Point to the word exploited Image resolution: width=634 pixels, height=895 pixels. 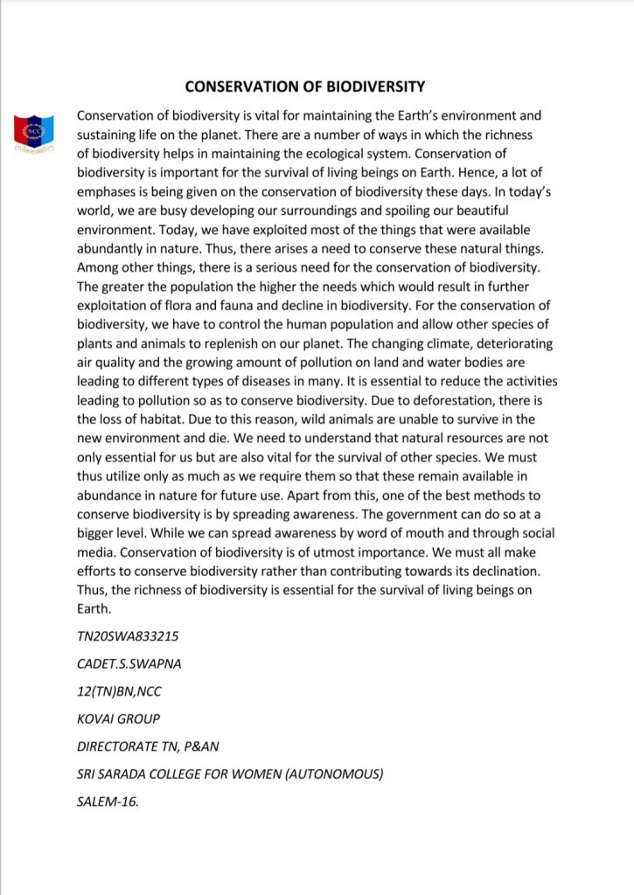240,230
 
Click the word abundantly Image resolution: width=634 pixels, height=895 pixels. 114,249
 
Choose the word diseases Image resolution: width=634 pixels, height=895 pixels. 298,382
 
